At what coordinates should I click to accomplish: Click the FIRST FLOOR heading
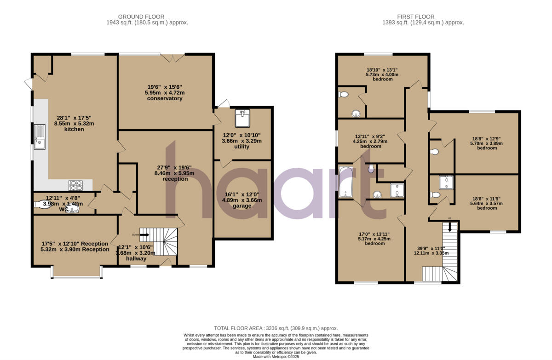pyautogui.click(x=423, y=17)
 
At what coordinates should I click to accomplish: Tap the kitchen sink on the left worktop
pyautogui.click(x=40, y=136)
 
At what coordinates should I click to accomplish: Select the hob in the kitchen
pyautogui.click(x=75, y=185)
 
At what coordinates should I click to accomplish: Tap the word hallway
pyautogui.click(x=137, y=259)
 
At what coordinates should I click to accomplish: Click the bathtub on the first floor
pyautogui.click(x=345, y=183)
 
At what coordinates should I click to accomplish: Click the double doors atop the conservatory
pyautogui.click(x=172, y=57)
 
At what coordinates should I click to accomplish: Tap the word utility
pyautogui.click(x=241, y=147)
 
